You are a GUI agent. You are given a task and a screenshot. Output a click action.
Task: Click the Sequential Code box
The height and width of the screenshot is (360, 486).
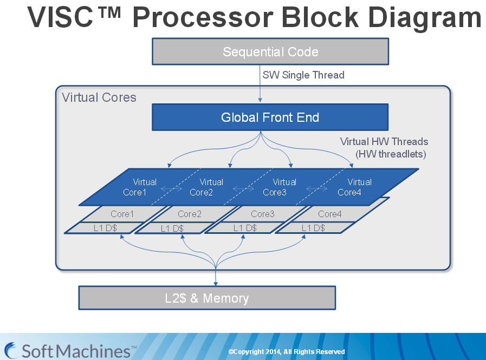pyautogui.click(x=270, y=52)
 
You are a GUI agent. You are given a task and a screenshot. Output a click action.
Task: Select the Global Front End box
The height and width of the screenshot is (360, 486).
pyautogui.click(x=270, y=117)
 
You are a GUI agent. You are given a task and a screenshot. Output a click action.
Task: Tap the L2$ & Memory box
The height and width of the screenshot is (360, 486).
pyautogui.click(x=207, y=298)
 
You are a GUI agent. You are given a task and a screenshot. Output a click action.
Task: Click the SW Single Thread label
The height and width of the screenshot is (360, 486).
pyautogui.click(x=303, y=75)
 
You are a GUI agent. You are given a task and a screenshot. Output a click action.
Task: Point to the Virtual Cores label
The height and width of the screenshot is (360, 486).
pyautogui.click(x=99, y=97)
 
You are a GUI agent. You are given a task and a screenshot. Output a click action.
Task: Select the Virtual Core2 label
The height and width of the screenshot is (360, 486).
pyautogui.click(x=206, y=187)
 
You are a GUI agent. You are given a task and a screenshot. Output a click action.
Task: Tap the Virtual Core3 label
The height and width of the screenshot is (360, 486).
pyautogui.click(x=280, y=187)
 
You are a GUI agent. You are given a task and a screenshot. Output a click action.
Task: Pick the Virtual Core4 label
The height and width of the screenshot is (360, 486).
pyautogui.click(x=355, y=187)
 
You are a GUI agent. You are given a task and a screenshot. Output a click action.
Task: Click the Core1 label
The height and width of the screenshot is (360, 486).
pyautogui.click(x=122, y=214)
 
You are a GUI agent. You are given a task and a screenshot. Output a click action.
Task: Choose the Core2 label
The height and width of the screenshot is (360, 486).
pyautogui.click(x=190, y=214)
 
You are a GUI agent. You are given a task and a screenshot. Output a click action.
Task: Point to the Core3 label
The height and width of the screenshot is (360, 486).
pyautogui.click(x=263, y=214)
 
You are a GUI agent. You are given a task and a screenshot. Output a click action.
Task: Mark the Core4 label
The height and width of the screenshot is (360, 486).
pyautogui.click(x=330, y=214)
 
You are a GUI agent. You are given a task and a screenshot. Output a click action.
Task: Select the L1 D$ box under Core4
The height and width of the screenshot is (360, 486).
pyautogui.click(x=313, y=228)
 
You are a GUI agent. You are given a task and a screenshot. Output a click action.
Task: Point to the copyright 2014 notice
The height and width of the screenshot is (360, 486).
pyautogui.click(x=287, y=352)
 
